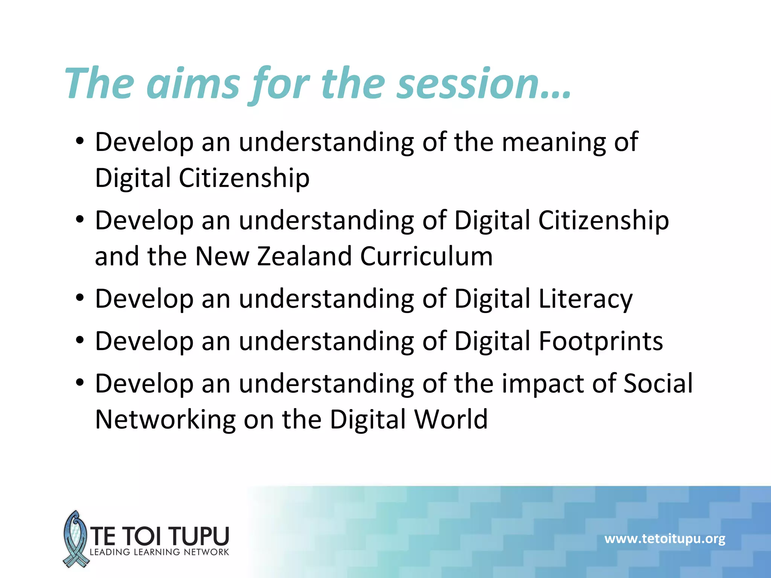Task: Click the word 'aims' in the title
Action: [193, 84]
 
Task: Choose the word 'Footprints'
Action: [601, 341]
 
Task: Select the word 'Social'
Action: [658, 384]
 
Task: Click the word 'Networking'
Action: [165, 420]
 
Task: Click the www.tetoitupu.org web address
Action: [665, 538]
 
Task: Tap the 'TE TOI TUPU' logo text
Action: [160, 536]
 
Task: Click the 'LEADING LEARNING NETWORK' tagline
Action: [159, 552]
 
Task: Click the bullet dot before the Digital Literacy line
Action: [79, 298]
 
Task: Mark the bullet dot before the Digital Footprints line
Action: [79, 340]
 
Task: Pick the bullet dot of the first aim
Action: [79, 141]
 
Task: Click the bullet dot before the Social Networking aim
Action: [79, 383]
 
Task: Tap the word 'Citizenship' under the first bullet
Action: [244, 178]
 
